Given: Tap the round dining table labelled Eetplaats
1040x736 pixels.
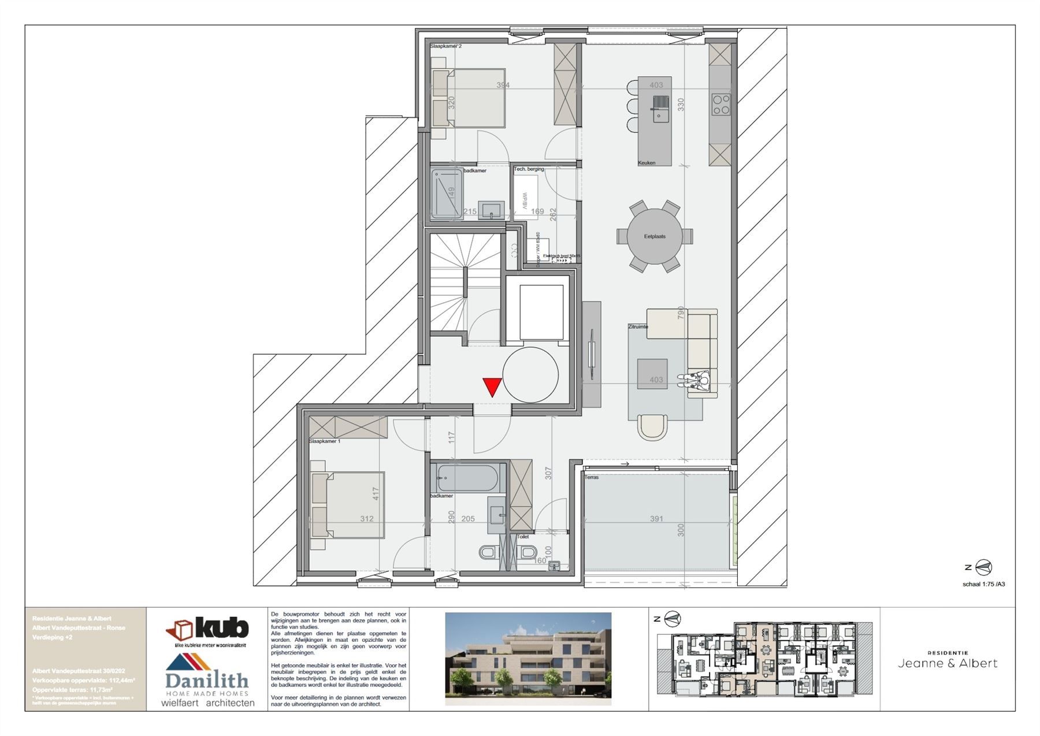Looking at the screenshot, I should (x=655, y=236).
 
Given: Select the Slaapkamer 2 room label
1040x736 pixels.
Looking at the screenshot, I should (x=445, y=46).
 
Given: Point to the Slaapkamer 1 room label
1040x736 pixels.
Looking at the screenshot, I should (x=325, y=441).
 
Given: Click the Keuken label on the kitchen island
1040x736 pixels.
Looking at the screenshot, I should (x=647, y=163).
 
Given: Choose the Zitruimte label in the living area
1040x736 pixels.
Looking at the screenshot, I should (x=638, y=326).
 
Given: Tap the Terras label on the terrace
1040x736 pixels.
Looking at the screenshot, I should (x=592, y=477).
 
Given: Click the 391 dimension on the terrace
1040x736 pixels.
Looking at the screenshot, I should (x=656, y=519).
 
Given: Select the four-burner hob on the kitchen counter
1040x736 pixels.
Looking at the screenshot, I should (x=720, y=105).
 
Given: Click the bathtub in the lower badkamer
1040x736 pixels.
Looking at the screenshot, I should (x=467, y=478).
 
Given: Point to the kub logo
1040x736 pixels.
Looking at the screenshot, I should (x=208, y=629).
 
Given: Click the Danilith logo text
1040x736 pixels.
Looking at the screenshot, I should (x=207, y=681).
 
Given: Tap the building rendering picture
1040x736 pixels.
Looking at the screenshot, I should (x=528, y=658).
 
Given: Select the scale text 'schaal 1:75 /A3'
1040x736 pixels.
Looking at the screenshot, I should (x=983, y=584).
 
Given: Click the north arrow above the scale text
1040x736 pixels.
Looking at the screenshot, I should (x=983, y=568).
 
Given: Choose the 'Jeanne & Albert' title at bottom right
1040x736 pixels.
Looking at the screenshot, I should (x=948, y=663).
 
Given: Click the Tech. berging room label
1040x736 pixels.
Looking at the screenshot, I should (x=529, y=169).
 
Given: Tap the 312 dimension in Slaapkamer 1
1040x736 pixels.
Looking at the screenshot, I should (x=367, y=519).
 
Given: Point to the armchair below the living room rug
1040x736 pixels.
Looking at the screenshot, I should (x=653, y=426).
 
